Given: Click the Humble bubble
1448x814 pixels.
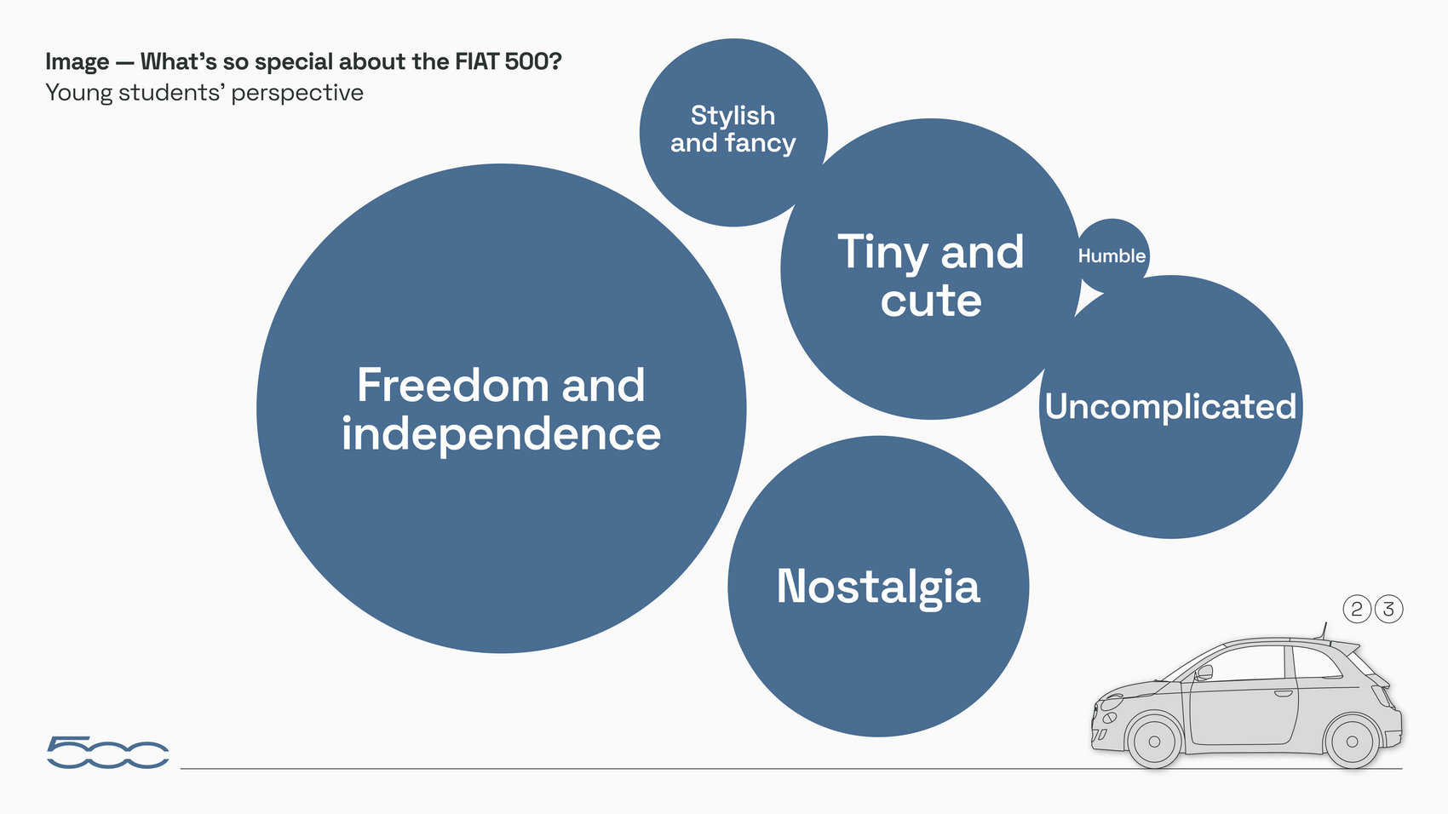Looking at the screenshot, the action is tap(1112, 255).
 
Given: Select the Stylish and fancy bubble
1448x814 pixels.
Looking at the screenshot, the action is tap(733, 133).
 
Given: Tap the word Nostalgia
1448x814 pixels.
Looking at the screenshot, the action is tap(878, 587).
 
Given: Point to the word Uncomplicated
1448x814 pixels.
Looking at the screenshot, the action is tap(1170, 407).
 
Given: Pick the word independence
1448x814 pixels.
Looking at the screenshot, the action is tap(501, 433).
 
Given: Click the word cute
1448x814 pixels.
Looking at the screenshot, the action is tap(931, 301).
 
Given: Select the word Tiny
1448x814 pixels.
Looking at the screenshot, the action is tap(883, 253).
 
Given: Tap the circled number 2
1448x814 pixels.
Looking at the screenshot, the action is tap(1357, 609).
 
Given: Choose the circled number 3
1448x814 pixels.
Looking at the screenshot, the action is tap(1388, 609).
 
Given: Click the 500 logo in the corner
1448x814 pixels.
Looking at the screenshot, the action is tap(108, 752).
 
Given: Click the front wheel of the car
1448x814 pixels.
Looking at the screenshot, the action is tap(1154, 742).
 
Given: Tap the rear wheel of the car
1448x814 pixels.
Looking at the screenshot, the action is tap(1352, 742).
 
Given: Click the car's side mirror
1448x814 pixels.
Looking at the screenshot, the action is tap(1204, 674).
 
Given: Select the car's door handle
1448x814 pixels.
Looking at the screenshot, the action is tap(1283, 694).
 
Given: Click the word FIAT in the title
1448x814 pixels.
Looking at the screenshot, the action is tap(477, 62).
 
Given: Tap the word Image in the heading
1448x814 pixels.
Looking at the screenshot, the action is tap(77, 63).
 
